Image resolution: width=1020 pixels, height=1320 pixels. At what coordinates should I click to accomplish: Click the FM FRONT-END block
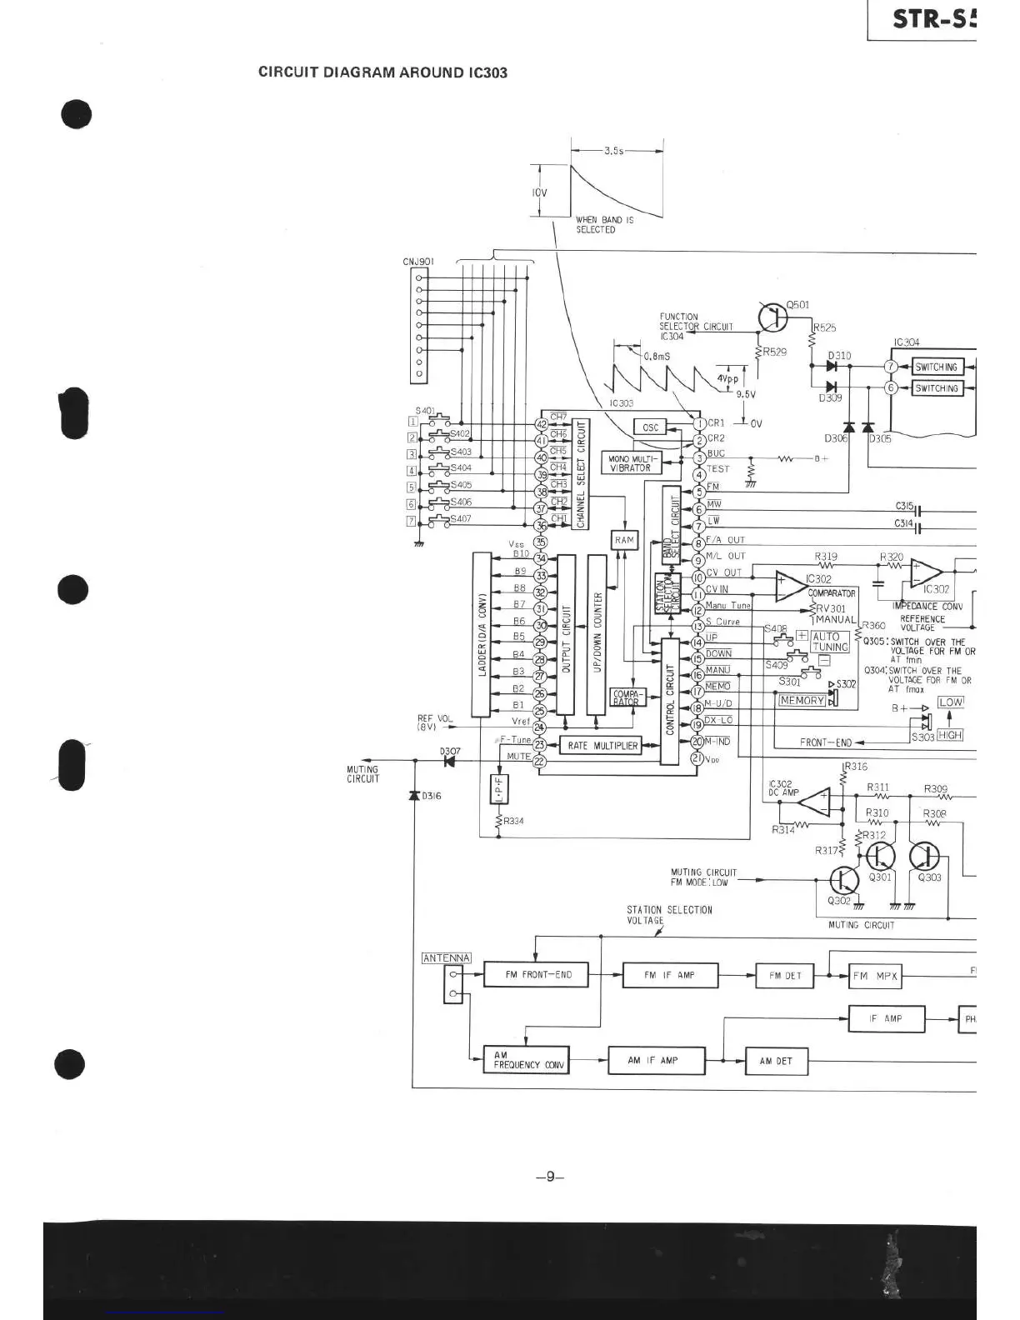coord(538,974)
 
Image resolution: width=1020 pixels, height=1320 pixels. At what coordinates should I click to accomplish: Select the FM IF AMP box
coord(669,975)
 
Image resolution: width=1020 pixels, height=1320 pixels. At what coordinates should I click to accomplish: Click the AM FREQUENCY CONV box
coord(526,1060)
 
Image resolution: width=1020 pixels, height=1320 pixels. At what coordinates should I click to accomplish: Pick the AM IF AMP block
coord(657,1061)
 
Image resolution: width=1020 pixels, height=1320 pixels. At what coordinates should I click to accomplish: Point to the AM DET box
coord(775,1062)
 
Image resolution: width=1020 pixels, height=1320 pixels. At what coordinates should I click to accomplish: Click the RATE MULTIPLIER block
coord(602,746)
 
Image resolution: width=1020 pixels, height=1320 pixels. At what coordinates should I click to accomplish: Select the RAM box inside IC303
coord(624,540)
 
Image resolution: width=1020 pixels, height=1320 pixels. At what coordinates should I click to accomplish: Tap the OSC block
coord(650,427)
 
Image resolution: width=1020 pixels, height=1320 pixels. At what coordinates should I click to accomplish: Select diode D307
coord(451,760)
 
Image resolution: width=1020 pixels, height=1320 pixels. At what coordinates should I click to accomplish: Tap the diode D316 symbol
coord(413,795)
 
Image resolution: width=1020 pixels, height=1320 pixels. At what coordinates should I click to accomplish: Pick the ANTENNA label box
coord(447,957)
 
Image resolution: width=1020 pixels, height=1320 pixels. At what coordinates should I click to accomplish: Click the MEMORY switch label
coord(802,700)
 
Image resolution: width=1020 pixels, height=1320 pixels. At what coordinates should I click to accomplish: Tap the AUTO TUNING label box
coord(829,641)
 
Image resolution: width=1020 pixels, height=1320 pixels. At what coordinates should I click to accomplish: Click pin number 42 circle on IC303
coord(540,424)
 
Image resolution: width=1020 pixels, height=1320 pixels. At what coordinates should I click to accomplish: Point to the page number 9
coord(549,1177)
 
